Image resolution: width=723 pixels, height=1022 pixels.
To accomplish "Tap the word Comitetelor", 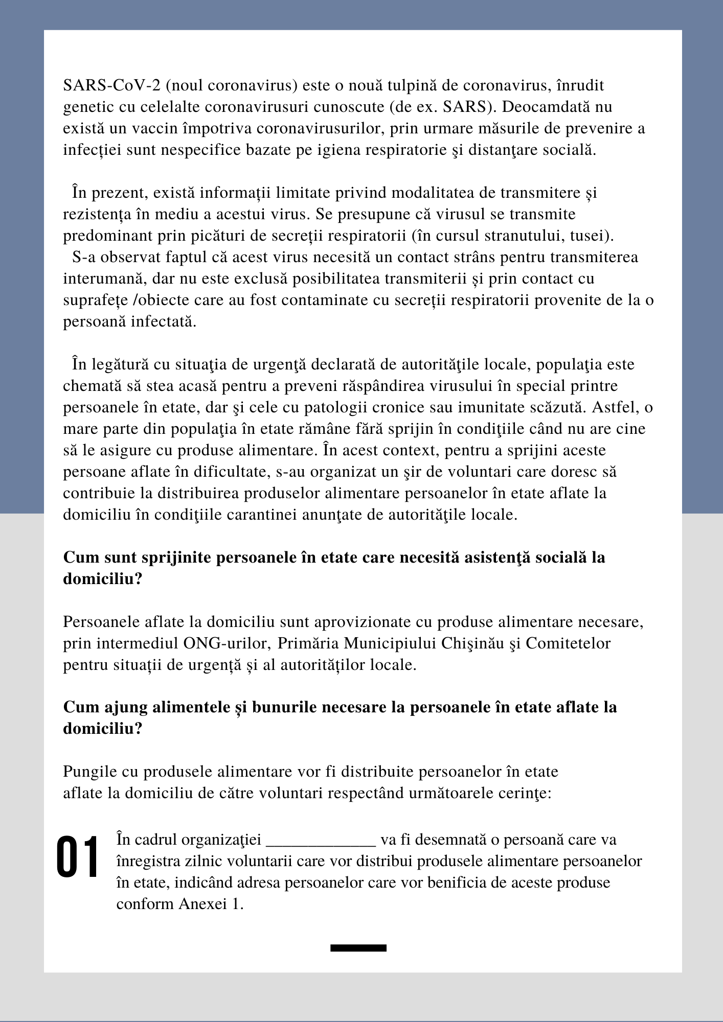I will point(568,643).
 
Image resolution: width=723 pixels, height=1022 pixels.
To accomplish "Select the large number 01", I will point(77,857).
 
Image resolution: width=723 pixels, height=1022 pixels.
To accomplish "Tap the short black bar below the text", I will point(358,948).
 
